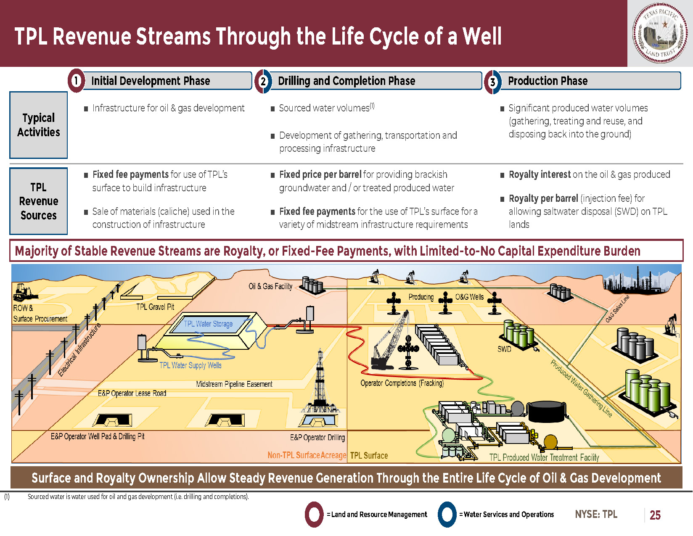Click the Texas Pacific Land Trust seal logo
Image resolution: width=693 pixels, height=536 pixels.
(660, 33)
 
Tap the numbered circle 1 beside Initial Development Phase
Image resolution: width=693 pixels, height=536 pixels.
(77, 80)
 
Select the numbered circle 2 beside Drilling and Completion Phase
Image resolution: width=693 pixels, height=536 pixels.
(263, 81)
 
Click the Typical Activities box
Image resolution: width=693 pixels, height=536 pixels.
(38, 125)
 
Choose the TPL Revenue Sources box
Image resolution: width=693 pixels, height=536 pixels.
(38, 201)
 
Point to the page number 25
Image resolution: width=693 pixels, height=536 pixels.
(655, 515)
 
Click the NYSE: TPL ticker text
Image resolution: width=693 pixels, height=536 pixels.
(596, 514)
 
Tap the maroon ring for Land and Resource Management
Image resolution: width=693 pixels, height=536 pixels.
(314, 514)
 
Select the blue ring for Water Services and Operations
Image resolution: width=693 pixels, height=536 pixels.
(447, 514)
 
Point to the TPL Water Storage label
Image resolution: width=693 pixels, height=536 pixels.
(208, 324)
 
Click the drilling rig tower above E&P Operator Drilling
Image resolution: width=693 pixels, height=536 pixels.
(320, 380)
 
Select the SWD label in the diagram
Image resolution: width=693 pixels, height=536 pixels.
(504, 349)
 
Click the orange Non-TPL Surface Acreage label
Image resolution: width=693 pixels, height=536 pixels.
(307, 455)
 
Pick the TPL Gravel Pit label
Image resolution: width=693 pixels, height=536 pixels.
(155, 307)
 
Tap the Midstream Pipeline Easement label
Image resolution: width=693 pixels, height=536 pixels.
(234, 384)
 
